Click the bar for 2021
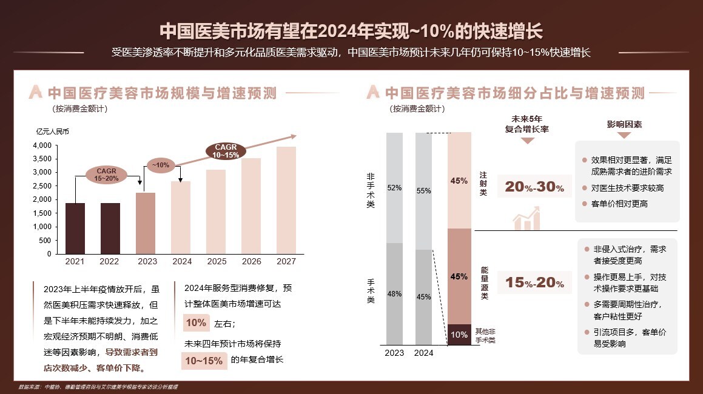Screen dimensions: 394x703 coord(75,229)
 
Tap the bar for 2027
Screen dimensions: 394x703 coord(286,200)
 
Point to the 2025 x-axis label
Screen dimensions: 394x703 coord(216,262)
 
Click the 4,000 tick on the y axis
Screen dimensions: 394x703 coord(42,145)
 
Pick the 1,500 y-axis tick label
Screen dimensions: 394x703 coord(42,213)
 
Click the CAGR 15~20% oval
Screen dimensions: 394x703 coord(106,175)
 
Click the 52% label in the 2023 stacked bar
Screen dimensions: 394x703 coord(394,188)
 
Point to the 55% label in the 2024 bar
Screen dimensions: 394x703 coord(423,191)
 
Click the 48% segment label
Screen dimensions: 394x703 coord(394,294)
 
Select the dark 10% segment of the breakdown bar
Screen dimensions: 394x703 coord(459,335)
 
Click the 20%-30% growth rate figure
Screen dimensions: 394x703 coord(534,187)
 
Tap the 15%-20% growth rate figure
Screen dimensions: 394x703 coord(534,282)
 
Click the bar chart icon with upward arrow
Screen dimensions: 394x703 coord(526,218)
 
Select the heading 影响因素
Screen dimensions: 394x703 coord(624,124)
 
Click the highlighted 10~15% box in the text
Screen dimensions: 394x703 coord(204,361)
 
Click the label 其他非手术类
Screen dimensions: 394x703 coord(485,336)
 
